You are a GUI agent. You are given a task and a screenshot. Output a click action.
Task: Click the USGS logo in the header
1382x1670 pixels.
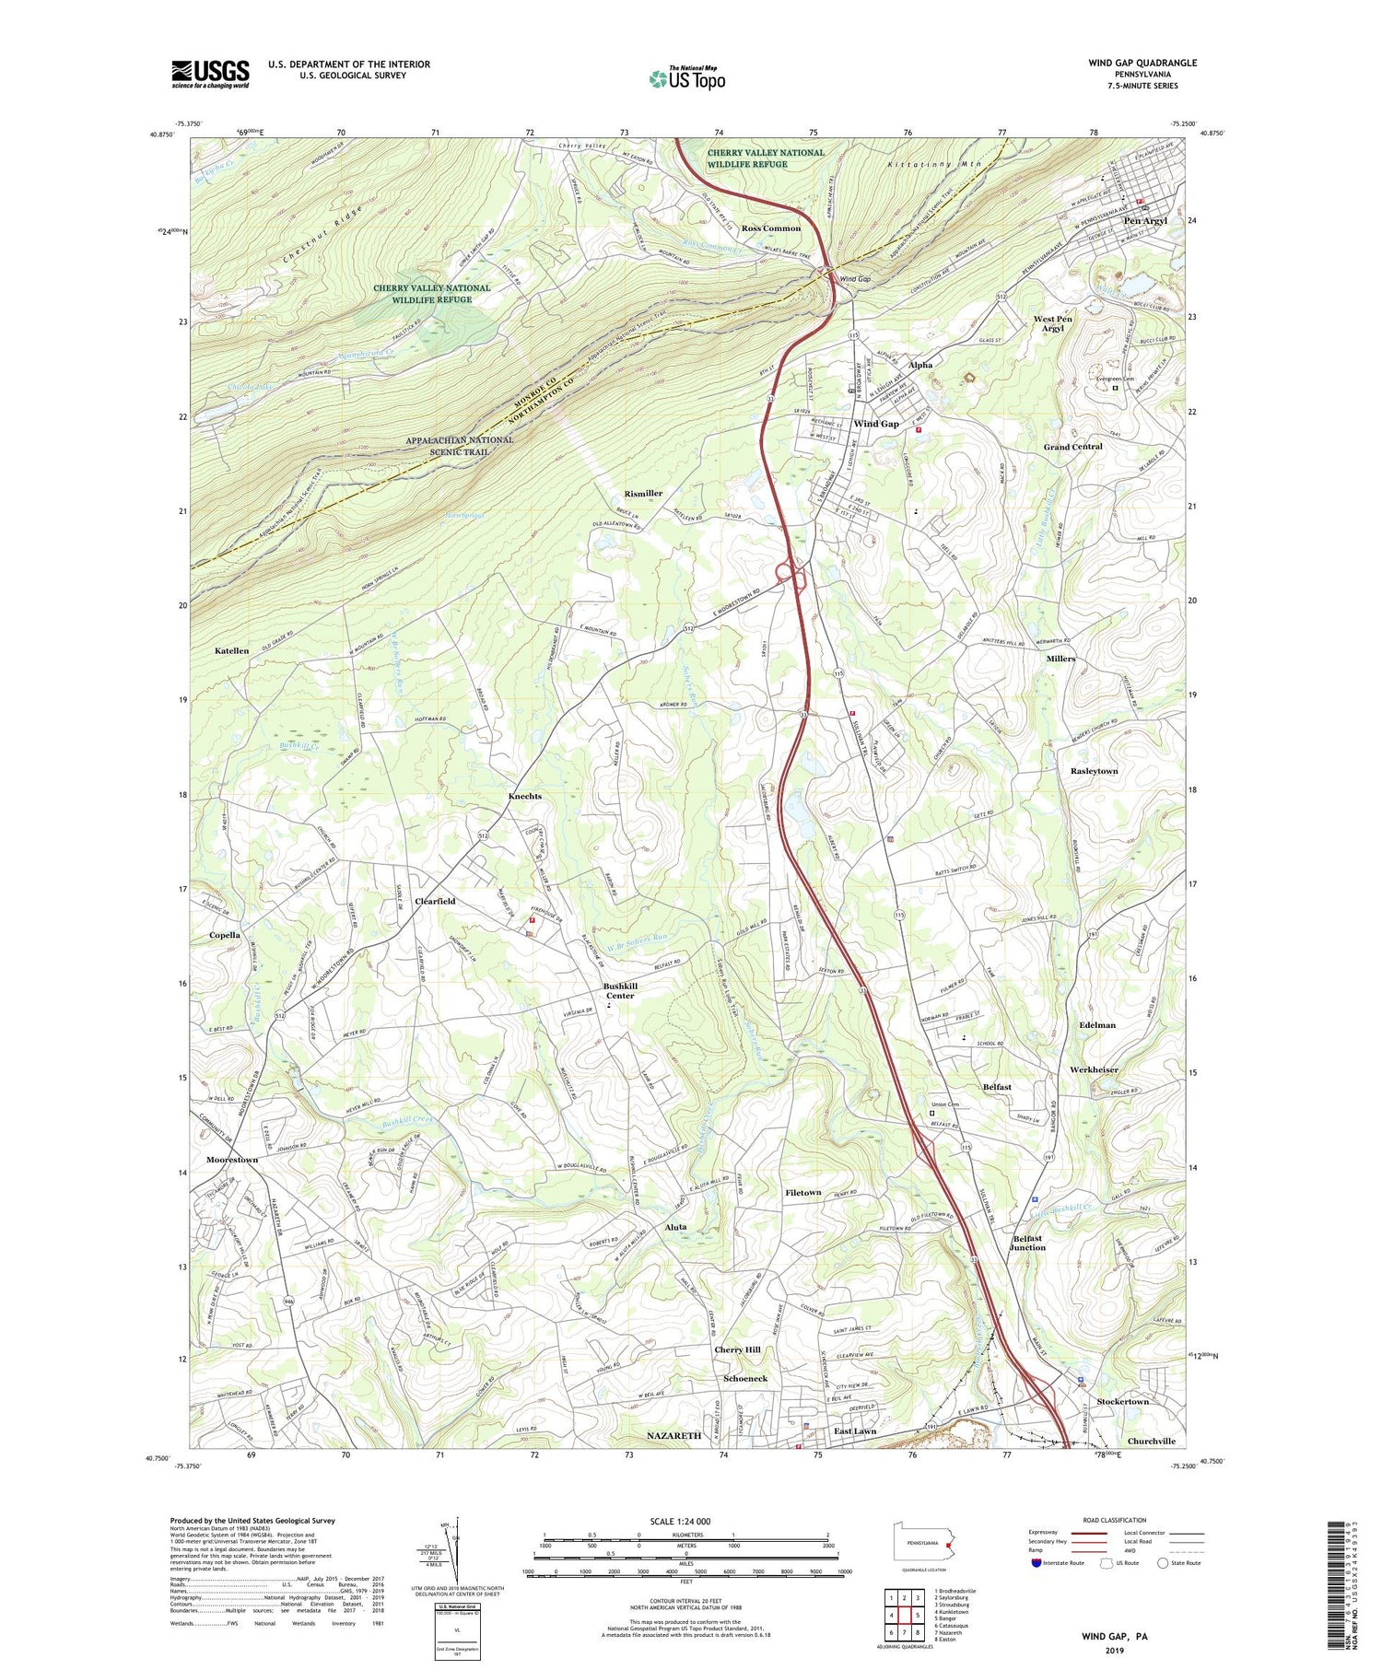coord(210,74)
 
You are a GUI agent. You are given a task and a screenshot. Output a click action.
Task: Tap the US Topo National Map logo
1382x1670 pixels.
coord(687,78)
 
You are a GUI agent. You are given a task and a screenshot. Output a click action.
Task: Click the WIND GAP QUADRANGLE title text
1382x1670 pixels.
coord(1142,63)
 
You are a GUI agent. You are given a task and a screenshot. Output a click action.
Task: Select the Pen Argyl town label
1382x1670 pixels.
coord(1144,221)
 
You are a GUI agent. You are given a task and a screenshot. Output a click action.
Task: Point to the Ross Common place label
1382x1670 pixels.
coord(771,228)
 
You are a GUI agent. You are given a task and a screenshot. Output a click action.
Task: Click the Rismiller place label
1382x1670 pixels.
coord(643,494)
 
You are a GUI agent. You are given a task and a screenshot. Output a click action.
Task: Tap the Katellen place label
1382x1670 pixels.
coord(232,651)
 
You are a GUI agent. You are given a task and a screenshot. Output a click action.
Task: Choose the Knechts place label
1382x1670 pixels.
coord(525,796)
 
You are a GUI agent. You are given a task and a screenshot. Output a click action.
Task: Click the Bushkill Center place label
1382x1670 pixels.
coord(620,990)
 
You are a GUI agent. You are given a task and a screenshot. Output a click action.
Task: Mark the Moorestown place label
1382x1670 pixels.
coord(232,1160)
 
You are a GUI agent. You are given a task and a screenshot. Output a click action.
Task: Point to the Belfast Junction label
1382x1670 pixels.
coord(1027,1243)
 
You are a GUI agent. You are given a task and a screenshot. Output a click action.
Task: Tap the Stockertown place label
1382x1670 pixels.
coord(1118,1401)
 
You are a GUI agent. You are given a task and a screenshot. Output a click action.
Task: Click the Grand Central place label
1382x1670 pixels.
coord(1072,447)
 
